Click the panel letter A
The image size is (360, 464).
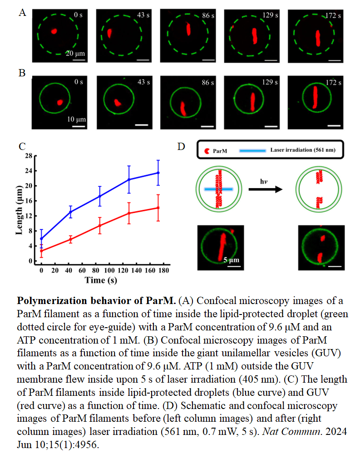click(x=22, y=13)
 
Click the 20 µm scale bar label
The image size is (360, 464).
click(x=75, y=53)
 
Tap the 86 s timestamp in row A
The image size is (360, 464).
click(x=208, y=15)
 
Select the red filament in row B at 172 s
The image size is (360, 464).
click(x=315, y=97)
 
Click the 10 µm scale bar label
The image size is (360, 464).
click(x=76, y=119)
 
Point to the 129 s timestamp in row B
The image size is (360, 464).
click(x=270, y=82)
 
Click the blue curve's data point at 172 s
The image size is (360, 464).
click(x=158, y=173)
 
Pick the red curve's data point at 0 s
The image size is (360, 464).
click(x=41, y=251)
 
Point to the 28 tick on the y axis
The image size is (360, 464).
click(x=29, y=156)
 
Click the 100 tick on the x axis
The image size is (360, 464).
click(x=109, y=270)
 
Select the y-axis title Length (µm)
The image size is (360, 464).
click(x=19, y=210)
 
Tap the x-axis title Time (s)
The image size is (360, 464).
click(x=101, y=280)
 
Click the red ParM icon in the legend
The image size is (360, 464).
click(x=207, y=151)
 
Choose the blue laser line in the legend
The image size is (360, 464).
click(x=252, y=150)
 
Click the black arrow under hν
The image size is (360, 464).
click(x=266, y=189)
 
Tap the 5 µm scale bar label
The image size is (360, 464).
click(x=231, y=260)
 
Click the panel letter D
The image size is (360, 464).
click(x=181, y=146)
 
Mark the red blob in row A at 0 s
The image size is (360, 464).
click(x=54, y=30)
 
